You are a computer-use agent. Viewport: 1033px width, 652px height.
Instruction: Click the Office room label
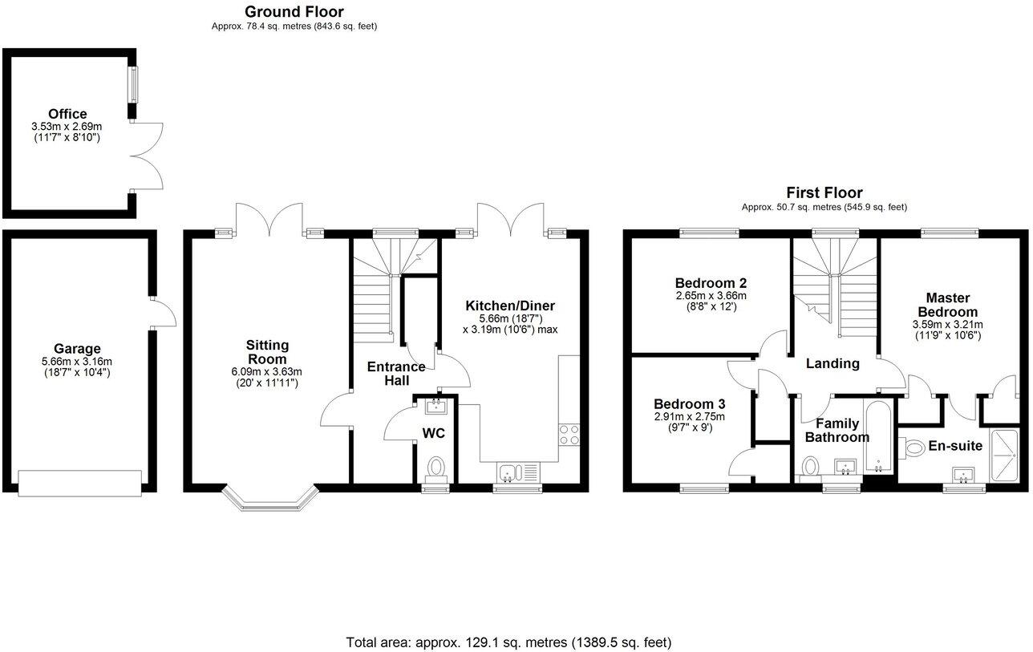pyautogui.click(x=67, y=114)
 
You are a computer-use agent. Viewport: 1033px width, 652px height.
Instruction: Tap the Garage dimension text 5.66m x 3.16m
pyautogui.click(x=77, y=361)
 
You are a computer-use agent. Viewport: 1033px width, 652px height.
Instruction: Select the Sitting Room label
pyautogui.click(x=267, y=351)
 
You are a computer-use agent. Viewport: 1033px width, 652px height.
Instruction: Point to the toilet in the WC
pyautogui.click(x=436, y=466)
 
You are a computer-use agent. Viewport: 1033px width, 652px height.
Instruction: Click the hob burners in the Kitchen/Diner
pyautogui.click(x=569, y=434)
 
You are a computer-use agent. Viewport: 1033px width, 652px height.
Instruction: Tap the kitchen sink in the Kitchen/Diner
pyautogui.click(x=511, y=473)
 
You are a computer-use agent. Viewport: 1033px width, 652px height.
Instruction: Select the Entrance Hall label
pyautogui.click(x=396, y=373)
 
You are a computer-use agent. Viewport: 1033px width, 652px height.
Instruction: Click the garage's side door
pyautogui.click(x=163, y=313)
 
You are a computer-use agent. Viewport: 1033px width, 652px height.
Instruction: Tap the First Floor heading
pyautogui.click(x=824, y=192)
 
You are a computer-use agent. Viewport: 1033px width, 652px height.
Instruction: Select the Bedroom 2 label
pyautogui.click(x=711, y=283)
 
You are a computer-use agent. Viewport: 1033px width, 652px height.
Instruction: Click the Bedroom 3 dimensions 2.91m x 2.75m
pyautogui.click(x=689, y=416)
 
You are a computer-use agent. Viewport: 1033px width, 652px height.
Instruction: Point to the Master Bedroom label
pyautogui.click(x=947, y=305)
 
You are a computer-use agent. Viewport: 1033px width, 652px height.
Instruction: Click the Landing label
pyautogui.click(x=832, y=363)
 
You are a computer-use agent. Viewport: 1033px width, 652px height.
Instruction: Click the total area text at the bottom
pyautogui.click(x=508, y=642)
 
